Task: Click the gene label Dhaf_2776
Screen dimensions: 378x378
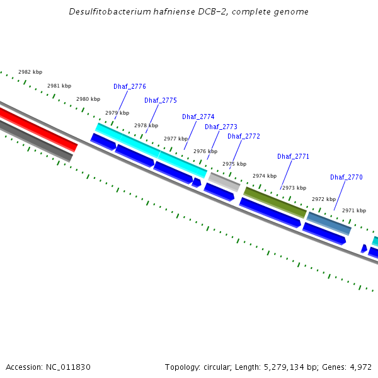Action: coord(130,86)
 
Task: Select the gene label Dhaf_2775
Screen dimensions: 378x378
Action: coord(160,100)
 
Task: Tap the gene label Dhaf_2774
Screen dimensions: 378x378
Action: coord(198,117)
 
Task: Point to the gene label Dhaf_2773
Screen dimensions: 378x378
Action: coord(220,127)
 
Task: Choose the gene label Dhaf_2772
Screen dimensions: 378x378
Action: coord(243,136)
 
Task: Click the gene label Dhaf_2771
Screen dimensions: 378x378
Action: coord(293,156)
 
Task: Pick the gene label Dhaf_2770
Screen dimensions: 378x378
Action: coord(346,177)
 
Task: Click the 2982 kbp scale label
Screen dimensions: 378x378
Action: coord(30,72)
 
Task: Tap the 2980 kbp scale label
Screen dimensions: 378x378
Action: coord(88,99)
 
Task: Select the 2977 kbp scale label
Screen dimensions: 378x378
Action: coord(175,139)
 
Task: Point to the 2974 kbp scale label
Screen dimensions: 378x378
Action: coord(265,176)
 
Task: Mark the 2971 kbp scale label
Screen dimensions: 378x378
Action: coord(353,210)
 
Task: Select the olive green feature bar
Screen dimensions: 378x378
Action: coord(275,202)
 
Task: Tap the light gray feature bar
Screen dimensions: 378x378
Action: coord(224,182)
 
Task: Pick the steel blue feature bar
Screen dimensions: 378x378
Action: coord(329,223)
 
